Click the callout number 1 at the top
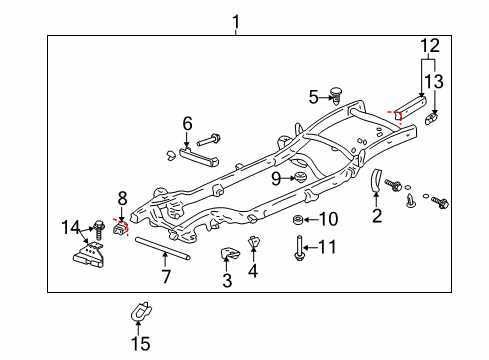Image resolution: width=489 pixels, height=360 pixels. tap(236, 21)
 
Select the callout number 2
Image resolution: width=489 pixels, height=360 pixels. tap(377, 214)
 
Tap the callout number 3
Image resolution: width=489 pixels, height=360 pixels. tap(227, 281)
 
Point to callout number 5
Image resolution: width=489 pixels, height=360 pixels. tap(253, 270)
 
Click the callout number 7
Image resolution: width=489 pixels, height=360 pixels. tap(313, 97)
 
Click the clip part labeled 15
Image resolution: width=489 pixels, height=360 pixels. tap(139, 312)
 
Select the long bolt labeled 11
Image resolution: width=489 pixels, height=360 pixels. tap(299, 245)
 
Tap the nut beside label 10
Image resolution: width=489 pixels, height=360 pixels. tap(299, 219)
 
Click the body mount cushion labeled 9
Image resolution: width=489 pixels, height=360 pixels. tap(297, 178)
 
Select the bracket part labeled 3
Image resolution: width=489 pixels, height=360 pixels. tap(228, 255)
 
